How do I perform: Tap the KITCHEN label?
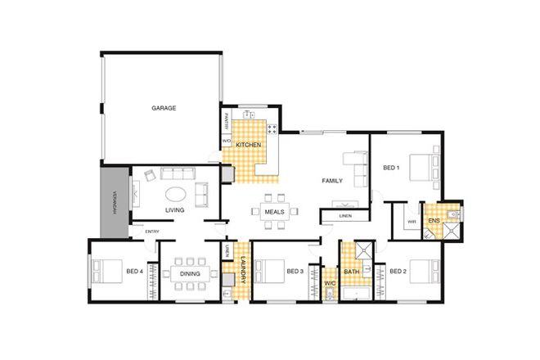pos(249,145)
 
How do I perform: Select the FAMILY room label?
pos(332,181)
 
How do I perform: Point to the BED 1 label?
pos(391,168)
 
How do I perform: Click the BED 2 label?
pos(398,272)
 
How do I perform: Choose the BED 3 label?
pos(295,272)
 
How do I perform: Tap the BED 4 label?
pos(135,272)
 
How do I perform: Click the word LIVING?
pos(174,210)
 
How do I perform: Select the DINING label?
pos(191,273)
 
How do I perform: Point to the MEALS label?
pos(274,212)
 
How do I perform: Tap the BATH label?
pos(352,272)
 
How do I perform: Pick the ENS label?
pos(433,221)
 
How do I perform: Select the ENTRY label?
pos(152,232)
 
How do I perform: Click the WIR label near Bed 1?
pos(412,221)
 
